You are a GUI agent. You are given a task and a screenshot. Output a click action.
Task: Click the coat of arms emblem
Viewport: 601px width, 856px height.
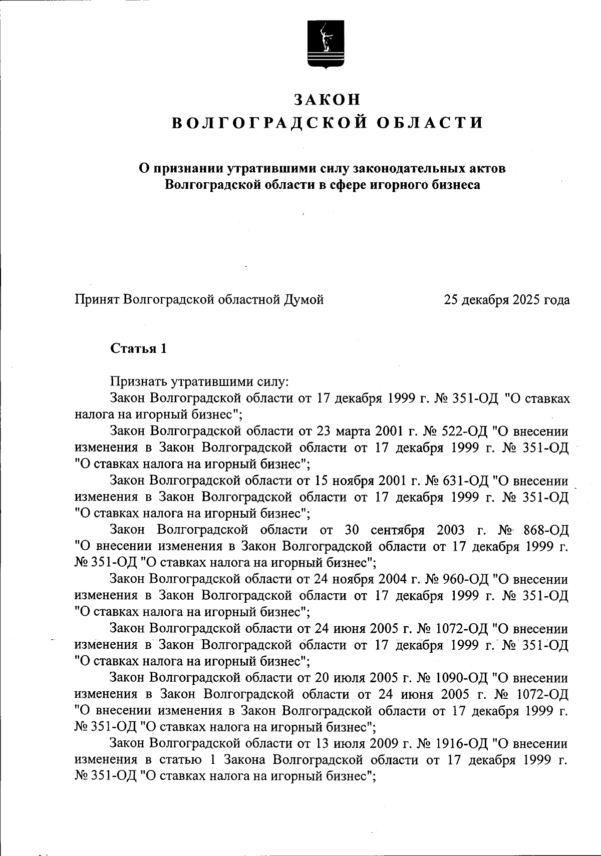click(x=325, y=44)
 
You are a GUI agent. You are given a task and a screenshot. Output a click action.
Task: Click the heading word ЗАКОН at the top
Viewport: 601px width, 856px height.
click(x=327, y=100)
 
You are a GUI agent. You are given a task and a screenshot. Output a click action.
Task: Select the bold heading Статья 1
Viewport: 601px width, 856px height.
click(x=138, y=348)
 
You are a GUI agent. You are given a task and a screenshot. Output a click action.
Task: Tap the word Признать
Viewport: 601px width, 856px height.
click(x=139, y=382)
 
